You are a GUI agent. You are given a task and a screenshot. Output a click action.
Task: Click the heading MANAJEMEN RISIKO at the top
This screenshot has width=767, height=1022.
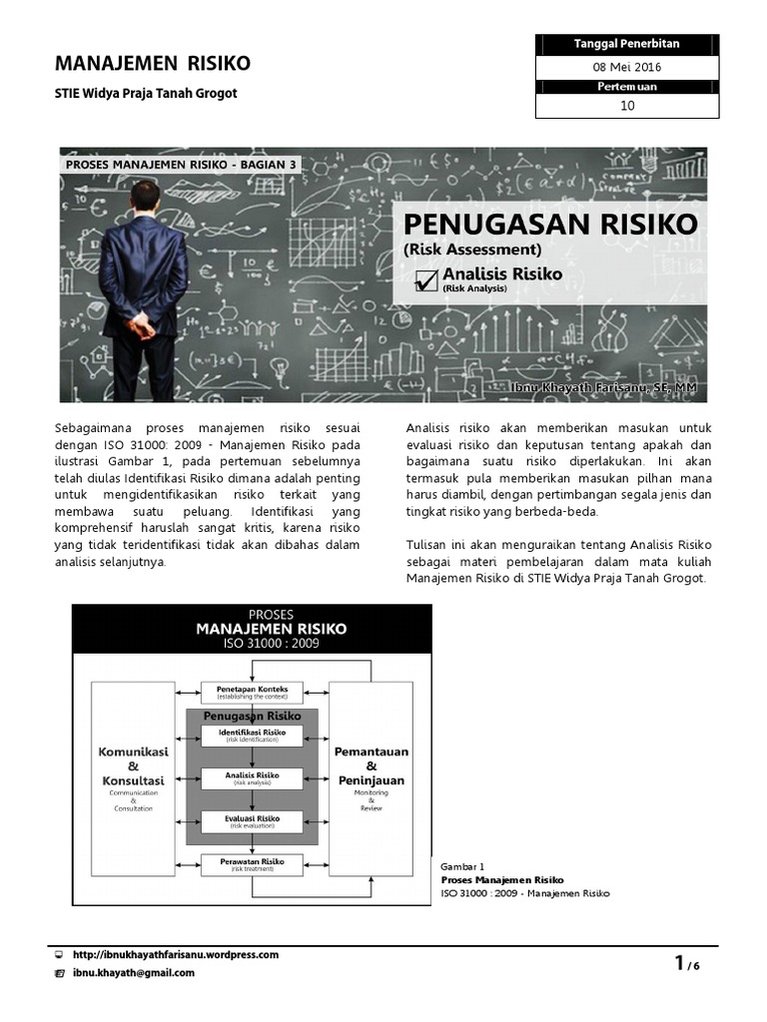pyautogui.click(x=152, y=64)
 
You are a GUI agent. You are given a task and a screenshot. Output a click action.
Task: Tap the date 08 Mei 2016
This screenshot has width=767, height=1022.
pyautogui.click(x=627, y=67)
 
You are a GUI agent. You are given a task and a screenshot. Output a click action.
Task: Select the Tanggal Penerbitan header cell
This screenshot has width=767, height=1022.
pyautogui.click(x=627, y=44)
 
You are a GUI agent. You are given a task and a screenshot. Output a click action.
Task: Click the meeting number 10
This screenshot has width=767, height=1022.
pyautogui.click(x=627, y=106)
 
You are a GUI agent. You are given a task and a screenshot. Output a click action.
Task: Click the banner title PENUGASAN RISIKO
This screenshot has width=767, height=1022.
pyautogui.click(x=550, y=223)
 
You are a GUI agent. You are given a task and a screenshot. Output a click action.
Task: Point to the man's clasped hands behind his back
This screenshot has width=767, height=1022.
pyautogui.click(x=142, y=322)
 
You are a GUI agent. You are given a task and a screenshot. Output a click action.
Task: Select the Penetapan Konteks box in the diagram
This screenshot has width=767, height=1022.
pyautogui.click(x=252, y=692)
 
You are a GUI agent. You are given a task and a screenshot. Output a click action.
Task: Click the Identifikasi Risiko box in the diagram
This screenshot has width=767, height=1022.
pyautogui.click(x=252, y=735)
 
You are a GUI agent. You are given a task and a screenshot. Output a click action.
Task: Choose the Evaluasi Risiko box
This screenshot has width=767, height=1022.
pyautogui.click(x=252, y=821)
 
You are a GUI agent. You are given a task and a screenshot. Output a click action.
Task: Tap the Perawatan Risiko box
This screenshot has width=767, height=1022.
pyautogui.click(x=252, y=863)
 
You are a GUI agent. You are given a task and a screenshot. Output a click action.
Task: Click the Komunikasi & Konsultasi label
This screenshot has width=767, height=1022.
pyautogui.click(x=133, y=766)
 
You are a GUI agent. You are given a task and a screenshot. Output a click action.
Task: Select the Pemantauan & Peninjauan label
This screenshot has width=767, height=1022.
pyautogui.click(x=371, y=766)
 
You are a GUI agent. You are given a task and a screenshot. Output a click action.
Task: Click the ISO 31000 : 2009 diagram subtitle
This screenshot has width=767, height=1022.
pyautogui.click(x=252, y=645)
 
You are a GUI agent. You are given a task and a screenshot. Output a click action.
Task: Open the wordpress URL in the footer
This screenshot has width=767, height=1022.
pyautogui.click(x=175, y=954)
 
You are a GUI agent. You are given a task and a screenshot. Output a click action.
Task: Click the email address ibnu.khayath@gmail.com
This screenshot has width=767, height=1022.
pyautogui.click(x=133, y=972)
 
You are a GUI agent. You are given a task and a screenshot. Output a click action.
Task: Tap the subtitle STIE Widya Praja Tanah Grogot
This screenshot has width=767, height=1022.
pyautogui.click(x=145, y=94)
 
